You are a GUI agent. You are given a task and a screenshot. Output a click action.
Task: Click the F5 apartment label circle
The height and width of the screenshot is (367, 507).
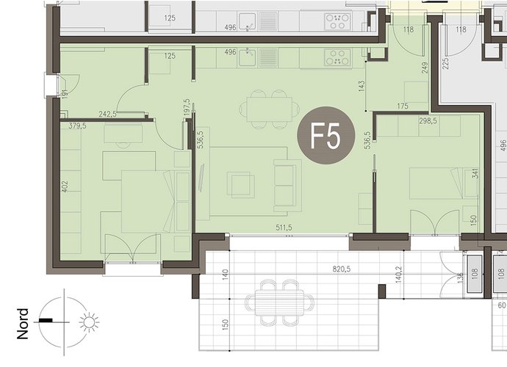(x=326, y=135)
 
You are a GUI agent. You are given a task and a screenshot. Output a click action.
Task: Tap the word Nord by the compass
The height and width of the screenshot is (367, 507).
(x=23, y=324)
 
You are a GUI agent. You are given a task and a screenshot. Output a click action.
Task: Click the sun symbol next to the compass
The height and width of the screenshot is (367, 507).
(x=89, y=322)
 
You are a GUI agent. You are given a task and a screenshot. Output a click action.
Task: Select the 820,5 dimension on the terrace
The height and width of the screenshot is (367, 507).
(x=342, y=269)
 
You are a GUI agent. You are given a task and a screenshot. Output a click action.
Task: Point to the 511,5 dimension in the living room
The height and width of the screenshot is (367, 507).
(x=284, y=228)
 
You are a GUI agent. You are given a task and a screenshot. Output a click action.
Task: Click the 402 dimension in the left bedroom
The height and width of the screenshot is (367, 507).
(x=65, y=186)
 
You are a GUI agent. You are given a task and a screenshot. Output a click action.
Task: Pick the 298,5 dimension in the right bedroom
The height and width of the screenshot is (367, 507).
(x=428, y=121)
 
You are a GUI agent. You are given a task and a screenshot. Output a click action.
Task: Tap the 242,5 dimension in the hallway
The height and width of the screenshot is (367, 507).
(x=108, y=114)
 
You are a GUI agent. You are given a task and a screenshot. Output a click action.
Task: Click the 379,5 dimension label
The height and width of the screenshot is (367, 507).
(x=77, y=126)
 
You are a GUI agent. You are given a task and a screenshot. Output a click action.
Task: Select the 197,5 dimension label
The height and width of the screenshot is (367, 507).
(x=186, y=107)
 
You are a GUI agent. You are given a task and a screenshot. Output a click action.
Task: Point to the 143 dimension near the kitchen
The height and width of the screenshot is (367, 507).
(x=362, y=86)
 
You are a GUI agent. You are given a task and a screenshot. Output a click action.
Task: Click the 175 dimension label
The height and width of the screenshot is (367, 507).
(x=403, y=106)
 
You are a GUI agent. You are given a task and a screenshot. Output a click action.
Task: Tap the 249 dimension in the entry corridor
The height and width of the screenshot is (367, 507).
(x=425, y=68)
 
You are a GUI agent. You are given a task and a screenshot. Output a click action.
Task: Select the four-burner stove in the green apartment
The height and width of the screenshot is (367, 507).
(x=338, y=57)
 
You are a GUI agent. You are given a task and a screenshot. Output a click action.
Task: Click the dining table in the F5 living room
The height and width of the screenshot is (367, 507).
(x=270, y=109)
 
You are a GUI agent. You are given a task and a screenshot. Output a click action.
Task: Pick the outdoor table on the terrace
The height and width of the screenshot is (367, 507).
(x=279, y=302)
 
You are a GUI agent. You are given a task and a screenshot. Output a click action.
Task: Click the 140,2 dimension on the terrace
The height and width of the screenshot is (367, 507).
(x=399, y=275)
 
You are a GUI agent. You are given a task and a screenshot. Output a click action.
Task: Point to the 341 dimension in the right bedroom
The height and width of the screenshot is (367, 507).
(x=475, y=175)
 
